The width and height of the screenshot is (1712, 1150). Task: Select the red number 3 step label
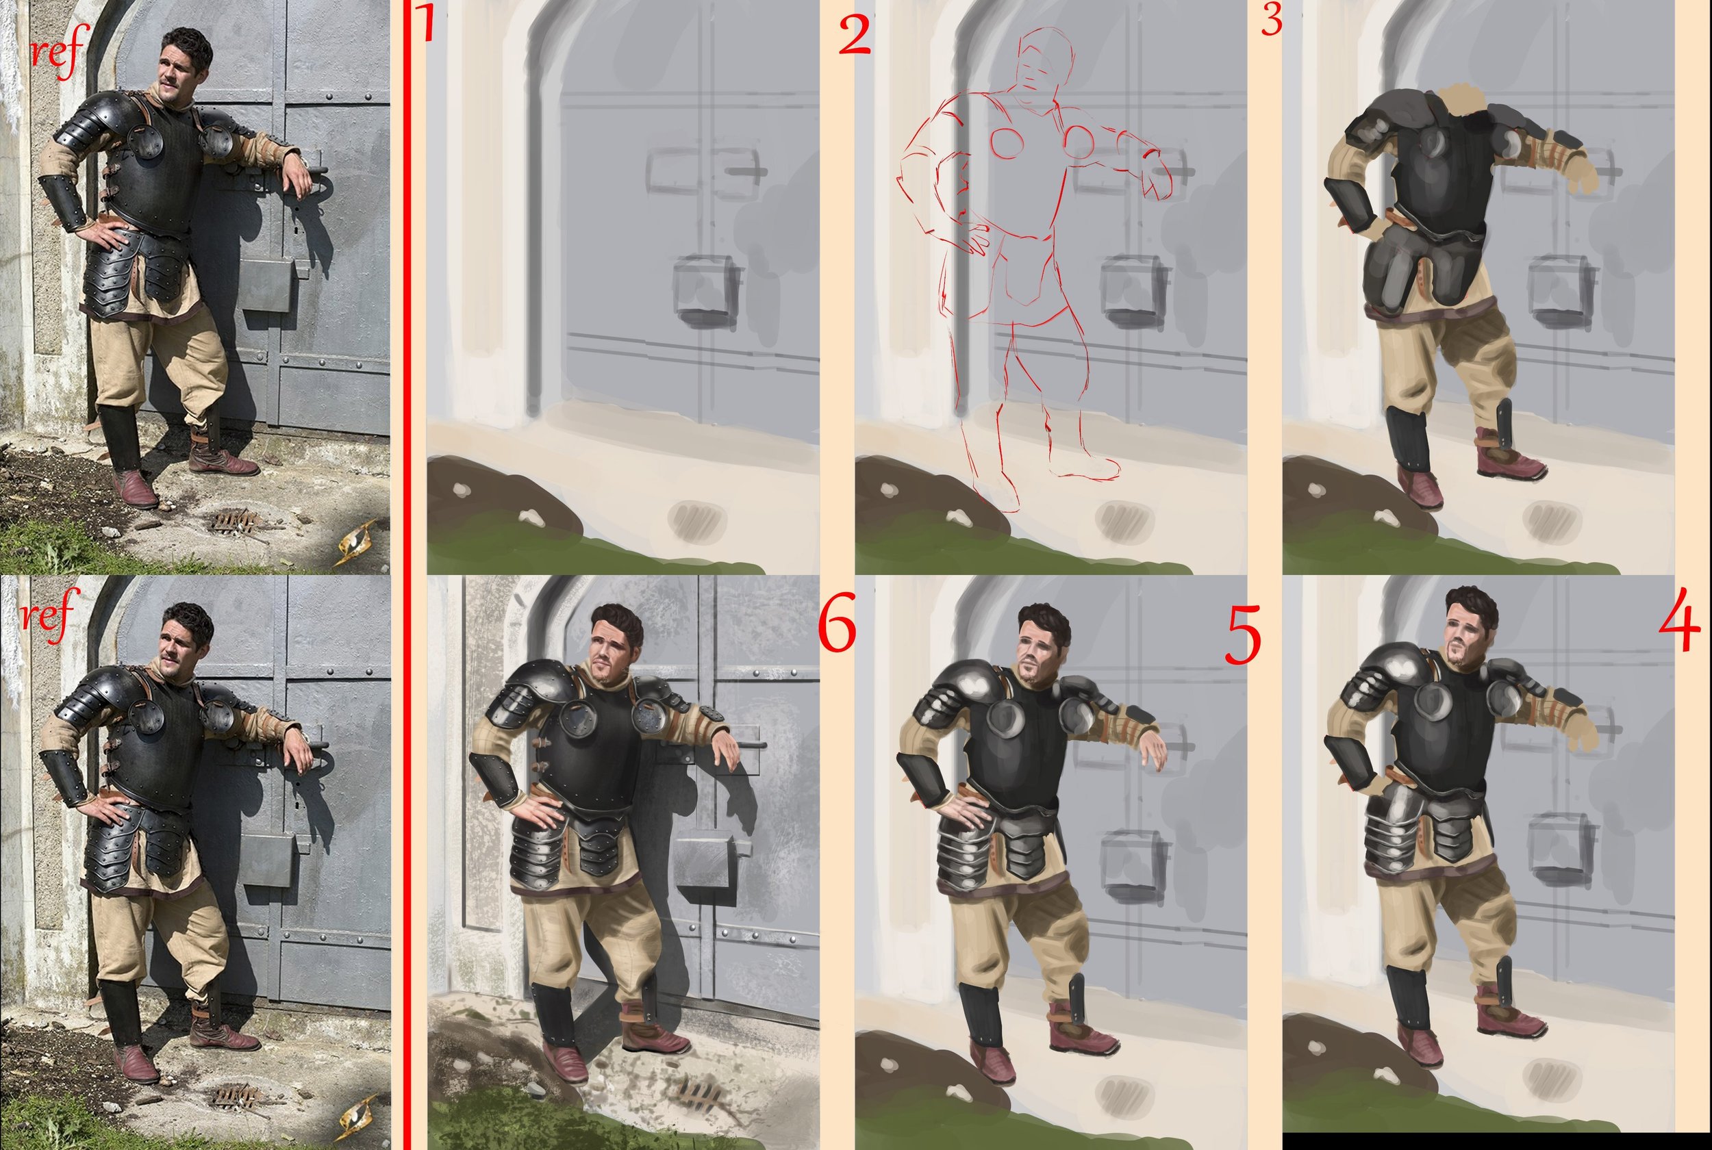[x=1271, y=21]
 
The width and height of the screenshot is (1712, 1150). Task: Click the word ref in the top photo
[x=58, y=51]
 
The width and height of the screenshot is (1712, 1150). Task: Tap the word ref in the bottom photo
[x=49, y=615]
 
